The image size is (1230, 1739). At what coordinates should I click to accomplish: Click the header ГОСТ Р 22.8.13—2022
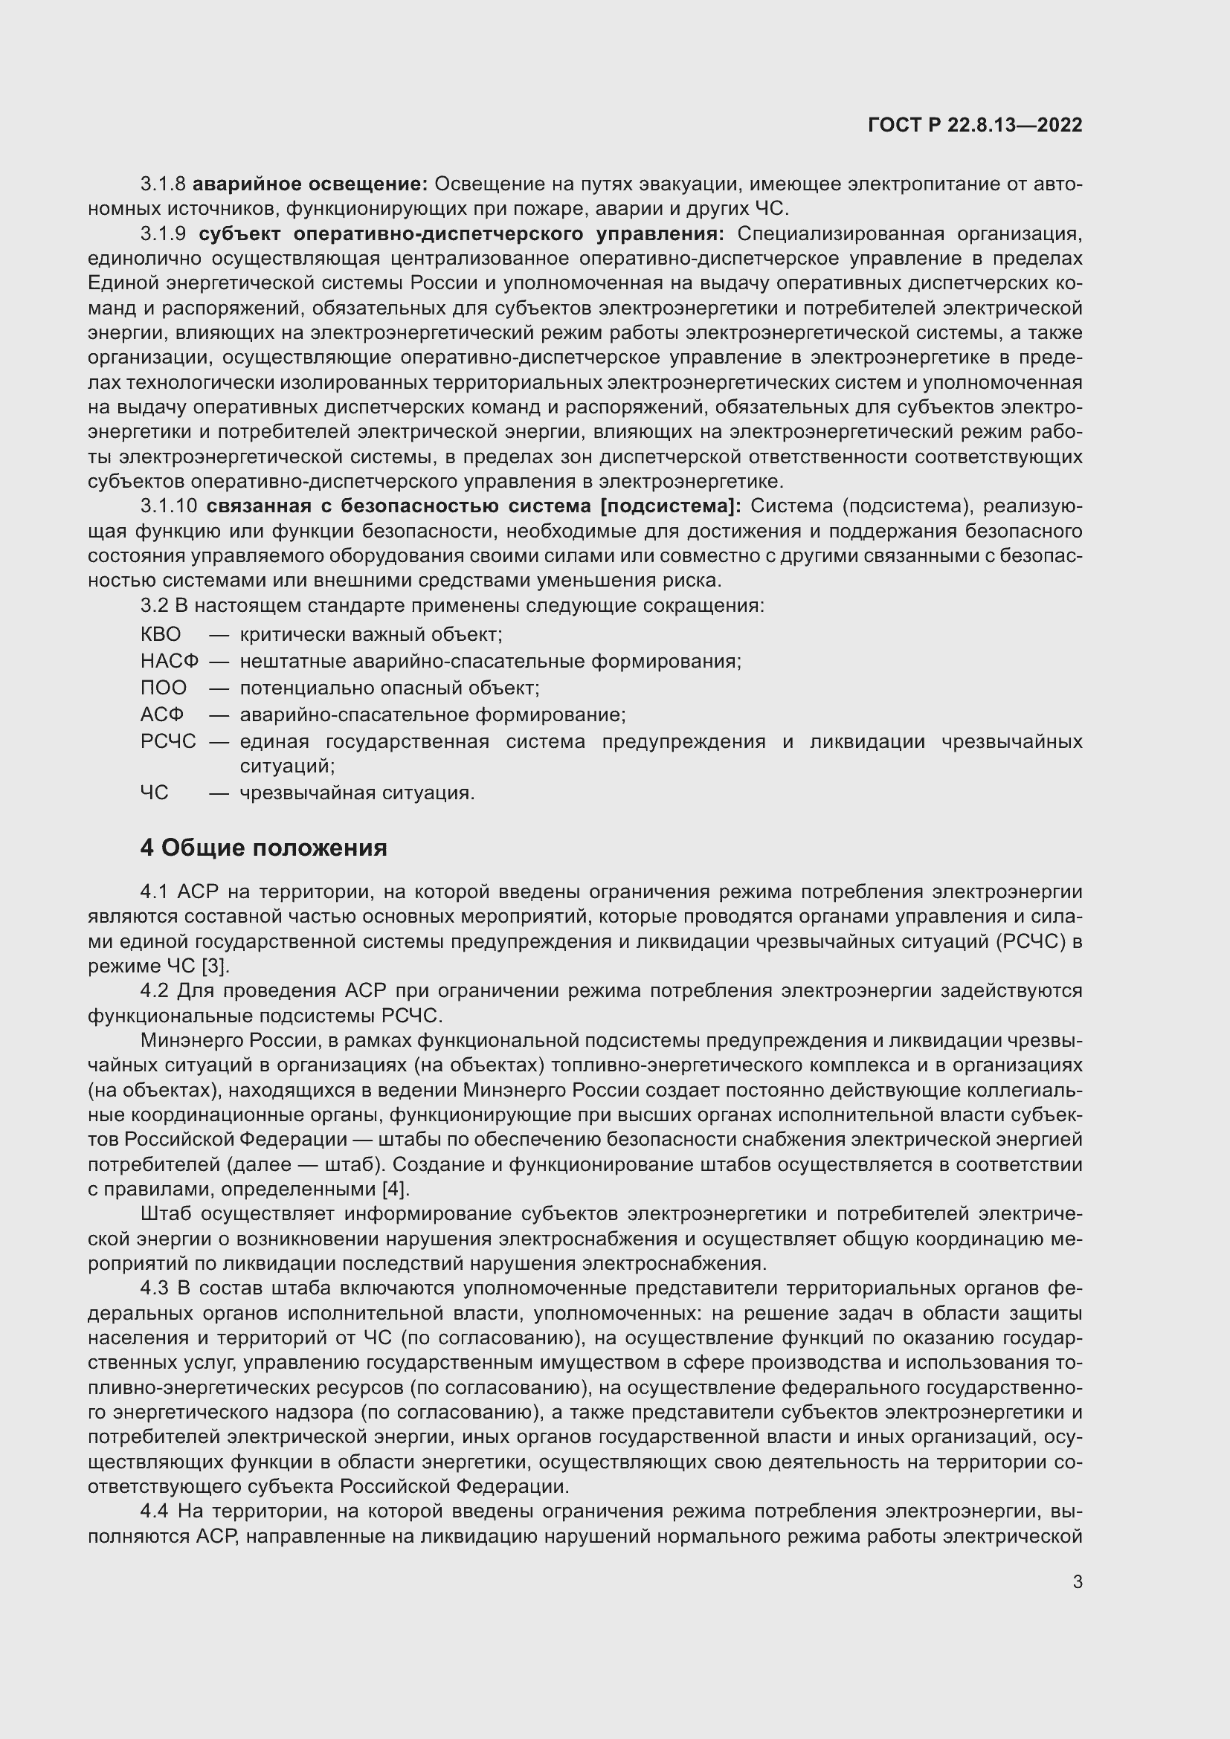pos(975,126)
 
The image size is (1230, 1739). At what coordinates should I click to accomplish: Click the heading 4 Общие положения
pos(263,848)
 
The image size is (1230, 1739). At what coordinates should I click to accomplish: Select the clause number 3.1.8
pos(163,184)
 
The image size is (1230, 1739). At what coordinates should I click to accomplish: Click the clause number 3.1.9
pos(163,234)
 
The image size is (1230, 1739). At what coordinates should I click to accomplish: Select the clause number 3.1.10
pos(168,506)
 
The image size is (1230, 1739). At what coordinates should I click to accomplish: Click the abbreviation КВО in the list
pos(161,635)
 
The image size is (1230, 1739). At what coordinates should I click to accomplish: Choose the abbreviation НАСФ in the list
pos(169,661)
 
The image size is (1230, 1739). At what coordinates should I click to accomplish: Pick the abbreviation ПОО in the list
pos(163,688)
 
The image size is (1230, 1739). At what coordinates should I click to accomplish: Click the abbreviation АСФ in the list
pos(161,714)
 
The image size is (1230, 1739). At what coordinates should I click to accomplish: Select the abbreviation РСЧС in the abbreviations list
pos(168,741)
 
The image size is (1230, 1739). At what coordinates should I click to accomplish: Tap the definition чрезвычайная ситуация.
pos(357,793)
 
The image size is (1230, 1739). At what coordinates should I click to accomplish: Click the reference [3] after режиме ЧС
pos(214,967)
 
